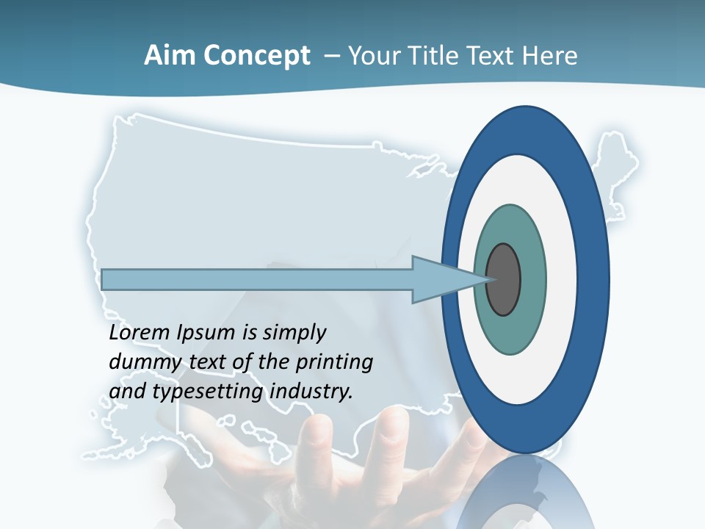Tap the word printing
pos(333,363)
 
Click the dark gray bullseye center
pos(504,280)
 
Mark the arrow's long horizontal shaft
pos(257,280)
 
